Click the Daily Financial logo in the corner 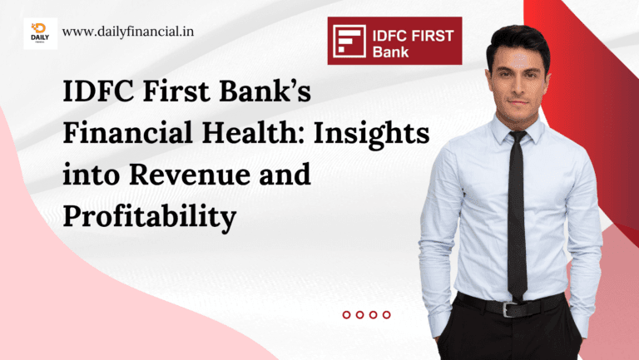tap(40, 33)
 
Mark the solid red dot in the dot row tap(346, 314)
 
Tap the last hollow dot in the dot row tap(386, 314)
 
